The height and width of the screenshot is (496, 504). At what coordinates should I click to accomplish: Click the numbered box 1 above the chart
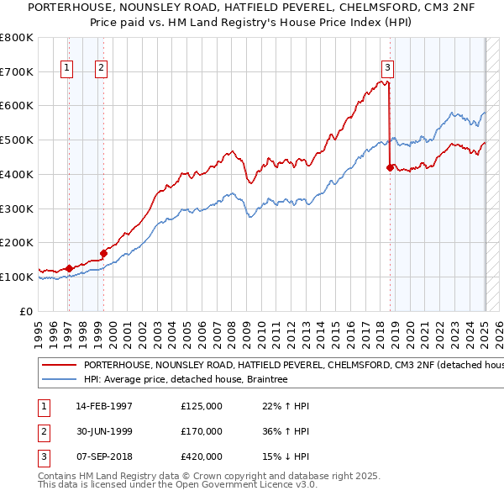coord(66,69)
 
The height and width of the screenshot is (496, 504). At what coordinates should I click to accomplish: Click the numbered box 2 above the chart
coord(101,69)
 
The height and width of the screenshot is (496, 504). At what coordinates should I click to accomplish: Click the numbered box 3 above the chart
coord(387,69)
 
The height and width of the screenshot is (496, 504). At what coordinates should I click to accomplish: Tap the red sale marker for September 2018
coord(390,168)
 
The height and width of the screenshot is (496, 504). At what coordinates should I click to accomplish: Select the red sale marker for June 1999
coord(103,252)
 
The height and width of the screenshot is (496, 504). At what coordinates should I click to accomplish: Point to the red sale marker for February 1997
coord(69,267)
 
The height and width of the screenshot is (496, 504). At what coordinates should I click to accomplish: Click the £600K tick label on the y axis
coord(17,106)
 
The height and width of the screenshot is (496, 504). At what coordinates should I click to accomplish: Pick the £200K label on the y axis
coord(17,243)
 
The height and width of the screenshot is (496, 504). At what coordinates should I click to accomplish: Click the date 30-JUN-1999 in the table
coord(104,431)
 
